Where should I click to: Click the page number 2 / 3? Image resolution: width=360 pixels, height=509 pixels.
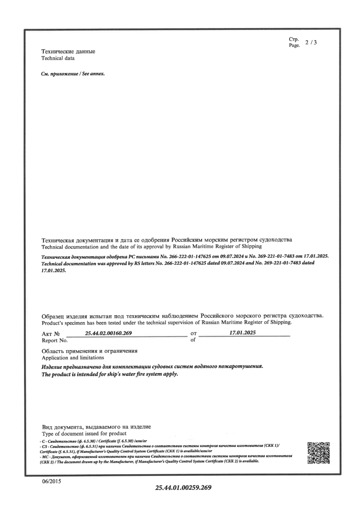[x=311, y=42]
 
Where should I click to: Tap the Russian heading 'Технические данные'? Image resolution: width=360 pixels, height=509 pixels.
[x=68, y=51]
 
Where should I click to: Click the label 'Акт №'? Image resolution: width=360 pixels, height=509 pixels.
[x=51, y=335]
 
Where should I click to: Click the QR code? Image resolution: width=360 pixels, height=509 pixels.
[x=319, y=453]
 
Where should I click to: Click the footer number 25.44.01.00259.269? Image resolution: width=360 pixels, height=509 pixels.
[x=184, y=488]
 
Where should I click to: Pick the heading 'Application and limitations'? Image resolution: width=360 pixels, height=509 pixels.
[x=73, y=358]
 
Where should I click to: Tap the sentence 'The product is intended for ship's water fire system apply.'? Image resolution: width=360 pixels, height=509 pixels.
[x=110, y=374]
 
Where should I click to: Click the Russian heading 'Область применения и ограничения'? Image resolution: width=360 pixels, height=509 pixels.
[x=90, y=351]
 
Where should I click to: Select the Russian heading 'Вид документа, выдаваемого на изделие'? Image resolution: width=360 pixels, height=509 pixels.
[x=96, y=427]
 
